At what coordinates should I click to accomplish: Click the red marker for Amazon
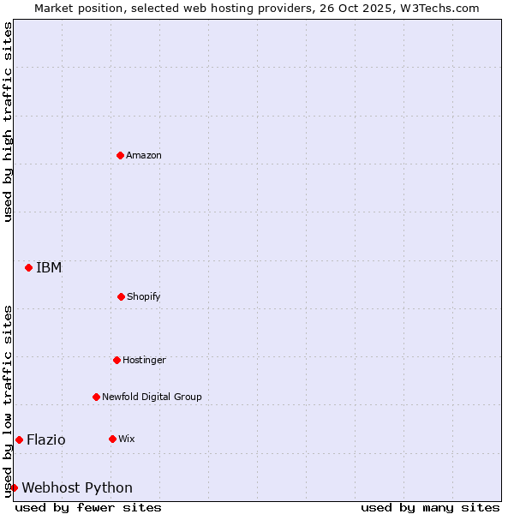click(x=120, y=155)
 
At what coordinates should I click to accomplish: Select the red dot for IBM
click(x=28, y=267)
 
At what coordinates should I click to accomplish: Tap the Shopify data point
click(x=121, y=296)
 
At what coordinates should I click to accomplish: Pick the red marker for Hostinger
click(x=117, y=360)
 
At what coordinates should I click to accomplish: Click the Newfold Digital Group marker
click(x=96, y=397)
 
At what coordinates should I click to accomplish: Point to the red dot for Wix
click(x=112, y=439)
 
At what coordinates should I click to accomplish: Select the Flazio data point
click(x=19, y=439)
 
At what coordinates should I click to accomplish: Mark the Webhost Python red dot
click(x=14, y=487)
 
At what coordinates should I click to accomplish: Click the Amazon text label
click(x=144, y=155)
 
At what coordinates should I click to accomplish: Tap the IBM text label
click(x=49, y=267)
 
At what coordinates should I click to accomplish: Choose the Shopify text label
click(x=144, y=296)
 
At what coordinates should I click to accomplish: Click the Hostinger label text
click(x=144, y=360)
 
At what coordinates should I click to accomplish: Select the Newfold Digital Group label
click(x=152, y=397)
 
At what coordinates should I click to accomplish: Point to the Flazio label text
click(x=45, y=439)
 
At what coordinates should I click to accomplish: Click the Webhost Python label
click(x=77, y=487)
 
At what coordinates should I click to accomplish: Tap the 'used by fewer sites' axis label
click(x=88, y=507)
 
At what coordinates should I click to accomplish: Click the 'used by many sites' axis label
click(x=430, y=507)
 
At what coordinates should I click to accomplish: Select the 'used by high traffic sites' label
click(x=8, y=122)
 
